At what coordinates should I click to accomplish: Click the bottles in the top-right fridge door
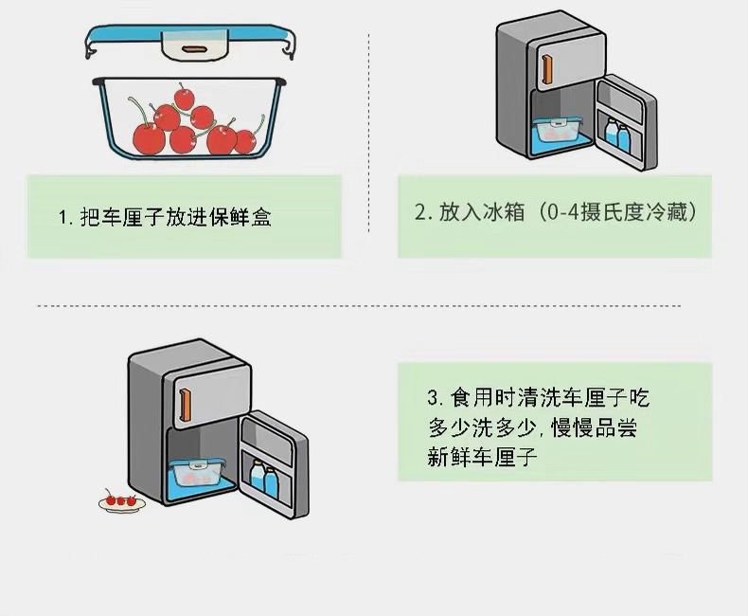click(617, 136)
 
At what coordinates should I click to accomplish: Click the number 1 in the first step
click(62, 217)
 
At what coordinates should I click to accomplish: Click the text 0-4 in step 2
click(561, 212)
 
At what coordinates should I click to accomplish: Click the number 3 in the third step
click(433, 397)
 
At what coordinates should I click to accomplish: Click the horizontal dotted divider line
click(360, 306)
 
